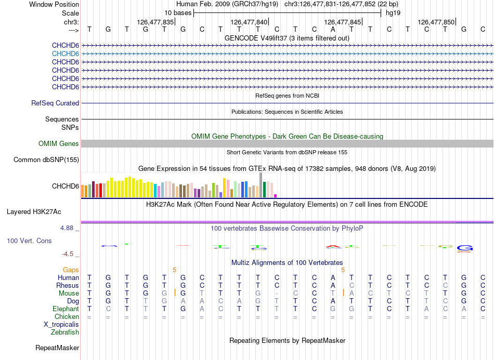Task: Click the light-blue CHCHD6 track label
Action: click(x=66, y=54)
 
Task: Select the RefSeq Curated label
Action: click(x=55, y=103)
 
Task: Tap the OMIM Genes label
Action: click(x=59, y=144)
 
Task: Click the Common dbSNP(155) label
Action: click(x=46, y=160)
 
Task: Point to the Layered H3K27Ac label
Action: click(x=34, y=212)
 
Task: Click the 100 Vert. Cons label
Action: click(x=29, y=241)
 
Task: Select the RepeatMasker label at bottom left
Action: click(x=57, y=348)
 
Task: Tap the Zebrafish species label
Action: click(x=65, y=332)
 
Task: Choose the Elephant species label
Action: click(x=66, y=309)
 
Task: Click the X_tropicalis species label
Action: click(x=61, y=325)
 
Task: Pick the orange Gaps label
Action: click(x=71, y=270)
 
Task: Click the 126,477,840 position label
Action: click(x=249, y=22)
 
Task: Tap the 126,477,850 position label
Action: click(x=436, y=22)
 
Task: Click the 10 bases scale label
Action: click(x=178, y=13)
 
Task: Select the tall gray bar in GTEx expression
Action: click(x=261, y=185)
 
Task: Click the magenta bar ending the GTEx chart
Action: click(x=276, y=196)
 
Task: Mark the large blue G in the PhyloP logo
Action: click(x=465, y=248)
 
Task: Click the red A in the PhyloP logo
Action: click(x=333, y=246)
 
